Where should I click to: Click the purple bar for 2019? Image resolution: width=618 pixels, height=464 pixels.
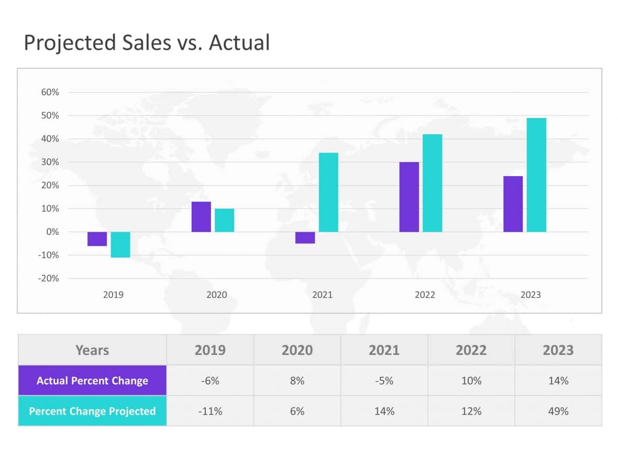point(97,239)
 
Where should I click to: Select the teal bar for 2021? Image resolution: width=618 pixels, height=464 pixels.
point(328,192)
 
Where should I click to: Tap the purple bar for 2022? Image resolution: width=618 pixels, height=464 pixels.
point(409,197)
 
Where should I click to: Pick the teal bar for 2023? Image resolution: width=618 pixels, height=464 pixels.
point(536,175)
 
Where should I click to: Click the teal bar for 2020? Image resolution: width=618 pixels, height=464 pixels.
point(224,220)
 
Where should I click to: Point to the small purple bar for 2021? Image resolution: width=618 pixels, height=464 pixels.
point(305,238)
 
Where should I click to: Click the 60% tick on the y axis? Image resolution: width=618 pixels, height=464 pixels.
point(50,92)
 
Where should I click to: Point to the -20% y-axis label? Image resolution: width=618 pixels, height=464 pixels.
point(48,278)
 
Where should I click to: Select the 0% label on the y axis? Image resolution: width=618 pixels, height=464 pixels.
point(52,232)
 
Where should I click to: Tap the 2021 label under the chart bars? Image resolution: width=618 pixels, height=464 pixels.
point(322,295)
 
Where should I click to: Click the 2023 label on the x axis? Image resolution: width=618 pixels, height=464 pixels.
point(530,295)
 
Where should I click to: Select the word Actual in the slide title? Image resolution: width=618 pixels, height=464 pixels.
point(239,42)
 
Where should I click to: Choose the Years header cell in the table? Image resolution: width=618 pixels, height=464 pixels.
point(92,350)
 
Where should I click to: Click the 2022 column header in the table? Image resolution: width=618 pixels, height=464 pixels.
point(471,350)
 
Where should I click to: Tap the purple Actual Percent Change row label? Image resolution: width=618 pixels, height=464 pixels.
point(92,381)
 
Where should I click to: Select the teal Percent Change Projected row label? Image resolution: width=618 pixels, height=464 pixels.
point(92,411)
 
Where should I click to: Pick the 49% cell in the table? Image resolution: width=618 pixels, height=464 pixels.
point(558,411)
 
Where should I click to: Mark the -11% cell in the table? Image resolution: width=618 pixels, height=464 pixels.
point(210,411)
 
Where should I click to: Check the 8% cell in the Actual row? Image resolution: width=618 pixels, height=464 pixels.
point(297,381)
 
